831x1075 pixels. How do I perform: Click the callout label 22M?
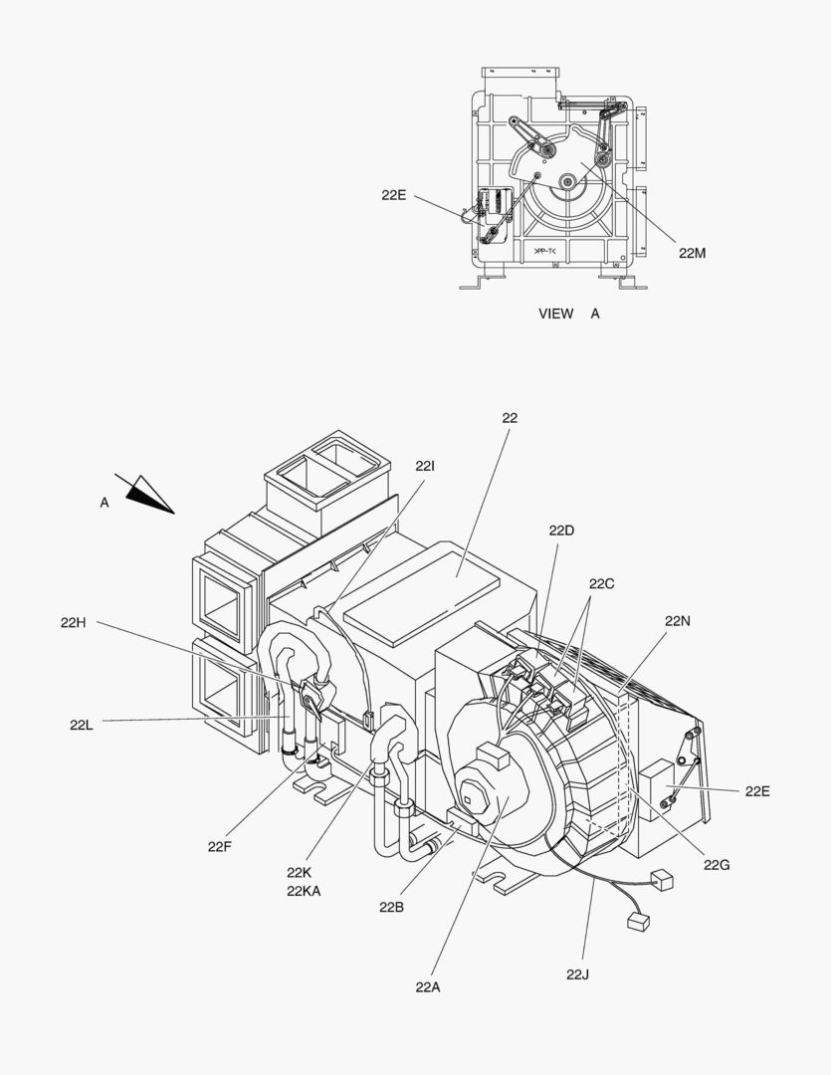coord(692,253)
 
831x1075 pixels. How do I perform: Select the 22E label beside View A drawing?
coord(393,195)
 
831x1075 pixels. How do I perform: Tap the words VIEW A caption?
coord(569,314)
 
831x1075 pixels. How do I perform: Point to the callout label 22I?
coord(425,466)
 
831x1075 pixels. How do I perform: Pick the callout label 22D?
coord(561,531)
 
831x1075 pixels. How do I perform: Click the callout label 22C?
coord(601,583)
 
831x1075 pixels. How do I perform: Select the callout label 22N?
coord(678,620)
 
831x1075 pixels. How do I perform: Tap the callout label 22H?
coord(73,623)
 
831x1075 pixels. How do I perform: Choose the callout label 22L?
coord(82,725)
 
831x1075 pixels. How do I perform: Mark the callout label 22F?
coord(220,846)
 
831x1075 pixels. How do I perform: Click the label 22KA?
coord(304,891)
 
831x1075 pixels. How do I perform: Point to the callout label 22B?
coord(391,907)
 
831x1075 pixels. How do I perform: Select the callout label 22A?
coord(428,986)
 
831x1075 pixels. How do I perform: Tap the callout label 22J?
coord(577,973)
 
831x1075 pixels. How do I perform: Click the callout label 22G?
coord(717,865)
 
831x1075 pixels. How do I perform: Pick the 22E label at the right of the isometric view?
coord(756,791)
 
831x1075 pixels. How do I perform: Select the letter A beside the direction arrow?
coord(104,503)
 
